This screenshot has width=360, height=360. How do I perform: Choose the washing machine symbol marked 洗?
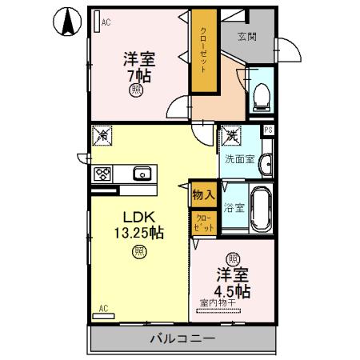point(230,137)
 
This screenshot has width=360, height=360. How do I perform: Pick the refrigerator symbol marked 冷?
point(102,136)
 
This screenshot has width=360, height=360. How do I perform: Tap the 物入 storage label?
point(202,193)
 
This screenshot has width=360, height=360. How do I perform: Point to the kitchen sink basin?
point(142,173)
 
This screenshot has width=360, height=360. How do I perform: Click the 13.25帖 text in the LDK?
point(133,234)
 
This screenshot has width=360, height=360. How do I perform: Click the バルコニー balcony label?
point(182,339)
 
